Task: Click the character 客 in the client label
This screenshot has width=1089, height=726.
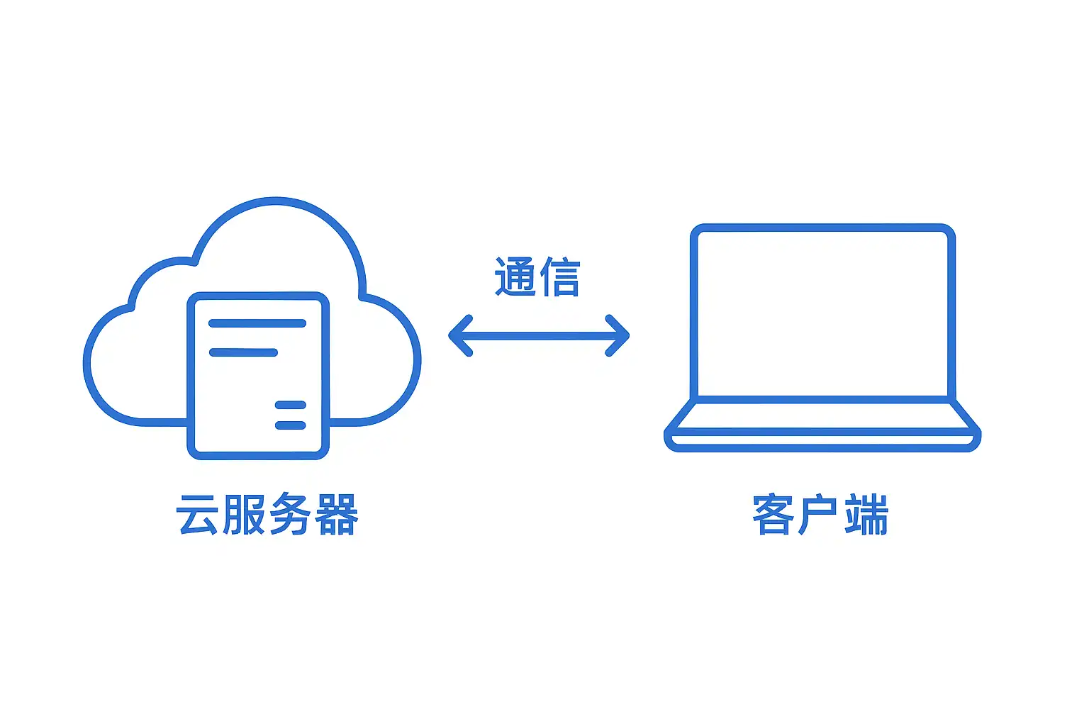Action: [x=773, y=514]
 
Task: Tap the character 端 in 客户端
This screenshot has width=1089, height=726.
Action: [x=866, y=514]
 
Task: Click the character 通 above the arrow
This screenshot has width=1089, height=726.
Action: [x=515, y=276]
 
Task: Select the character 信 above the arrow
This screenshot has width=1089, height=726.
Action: [x=560, y=276]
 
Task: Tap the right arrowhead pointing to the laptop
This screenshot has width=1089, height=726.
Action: [x=619, y=335]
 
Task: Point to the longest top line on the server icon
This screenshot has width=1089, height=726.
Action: [x=257, y=323]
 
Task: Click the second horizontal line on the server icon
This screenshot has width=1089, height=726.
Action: [x=243, y=352]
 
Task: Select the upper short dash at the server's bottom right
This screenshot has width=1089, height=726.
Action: [x=290, y=406]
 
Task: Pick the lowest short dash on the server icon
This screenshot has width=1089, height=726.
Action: [x=290, y=425]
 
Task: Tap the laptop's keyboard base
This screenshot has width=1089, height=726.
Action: [x=822, y=430]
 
